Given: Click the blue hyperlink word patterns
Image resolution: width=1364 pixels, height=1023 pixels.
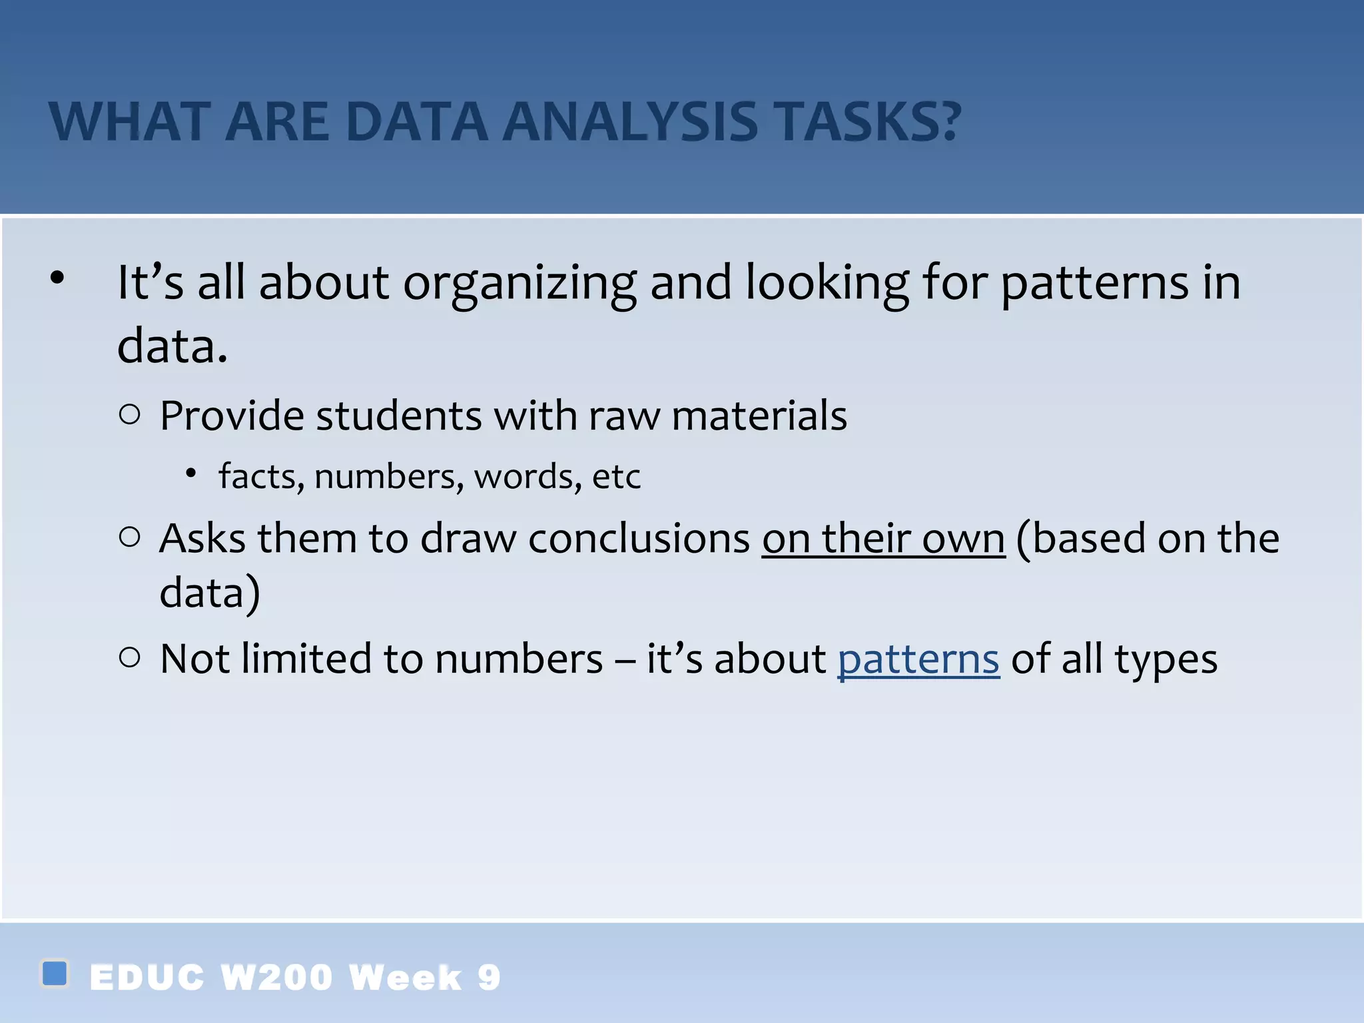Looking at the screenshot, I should click(918, 659).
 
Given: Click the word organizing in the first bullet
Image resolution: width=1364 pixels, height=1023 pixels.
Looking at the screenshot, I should click(519, 283).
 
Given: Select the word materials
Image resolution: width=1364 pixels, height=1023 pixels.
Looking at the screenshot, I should click(759, 416).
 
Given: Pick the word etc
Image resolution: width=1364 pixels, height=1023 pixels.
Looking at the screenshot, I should click(616, 477).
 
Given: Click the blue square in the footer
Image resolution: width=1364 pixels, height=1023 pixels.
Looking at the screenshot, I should click(55, 973).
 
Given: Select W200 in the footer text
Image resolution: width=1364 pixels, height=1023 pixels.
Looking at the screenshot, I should click(276, 978).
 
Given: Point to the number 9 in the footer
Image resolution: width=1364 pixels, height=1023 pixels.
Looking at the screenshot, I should click(489, 978).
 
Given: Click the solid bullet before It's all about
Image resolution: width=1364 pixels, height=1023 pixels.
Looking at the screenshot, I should click(57, 278).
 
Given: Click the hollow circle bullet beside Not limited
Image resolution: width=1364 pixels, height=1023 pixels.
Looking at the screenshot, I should click(130, 658).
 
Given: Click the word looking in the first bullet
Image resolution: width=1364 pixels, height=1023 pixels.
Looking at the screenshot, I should click(827, 283).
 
